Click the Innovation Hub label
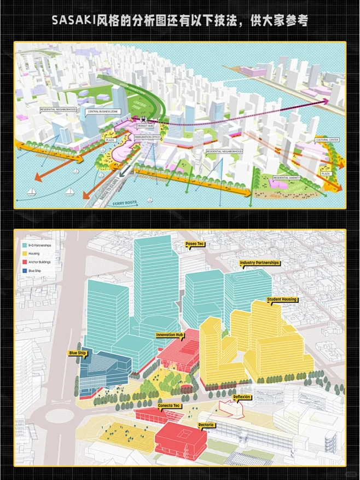(x=170, y=334)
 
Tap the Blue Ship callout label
(x=78, y=353)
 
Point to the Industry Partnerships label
(x=259, y=263)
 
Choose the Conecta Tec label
(x=169, y=406)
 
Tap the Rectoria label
(x=206, y=425)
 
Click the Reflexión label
(x=242, y=397)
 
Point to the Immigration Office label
(x=148, y=136)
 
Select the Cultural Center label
(x=327, y=140)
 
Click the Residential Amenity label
(x=287, y=178)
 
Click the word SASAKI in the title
(x=73, y=21)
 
